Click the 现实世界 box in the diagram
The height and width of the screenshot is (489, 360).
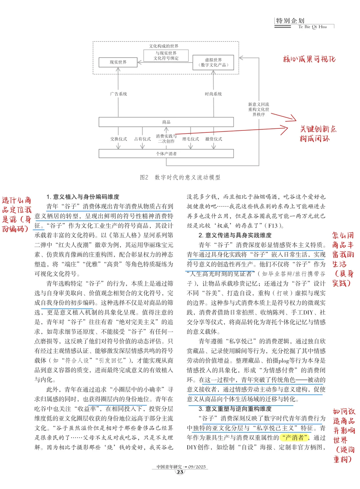[118, 62]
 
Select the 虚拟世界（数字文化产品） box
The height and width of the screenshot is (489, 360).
[213, 62]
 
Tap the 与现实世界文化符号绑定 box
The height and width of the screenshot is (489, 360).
[166, 56]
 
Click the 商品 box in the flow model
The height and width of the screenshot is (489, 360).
[166, 122]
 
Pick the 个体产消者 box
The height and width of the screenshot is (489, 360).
[166, 154]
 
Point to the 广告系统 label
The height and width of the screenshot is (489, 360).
[118, 94]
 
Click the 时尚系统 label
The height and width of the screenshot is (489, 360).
[213, 94]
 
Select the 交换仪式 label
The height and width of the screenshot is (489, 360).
[118, 139]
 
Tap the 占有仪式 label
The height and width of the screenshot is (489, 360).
[142, 139]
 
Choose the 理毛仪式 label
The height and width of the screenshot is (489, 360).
[190, 139]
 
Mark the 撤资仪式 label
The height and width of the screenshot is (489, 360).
[214, 139]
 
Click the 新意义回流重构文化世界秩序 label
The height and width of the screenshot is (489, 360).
[259, 109]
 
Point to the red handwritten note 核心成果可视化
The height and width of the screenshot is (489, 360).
[309, 59]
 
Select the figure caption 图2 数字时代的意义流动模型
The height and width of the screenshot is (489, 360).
[180, 177]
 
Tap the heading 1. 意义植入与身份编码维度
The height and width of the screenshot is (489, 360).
[83, 197]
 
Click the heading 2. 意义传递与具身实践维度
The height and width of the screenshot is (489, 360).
[235, 235]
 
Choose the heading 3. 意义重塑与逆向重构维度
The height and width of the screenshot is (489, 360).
[235, 409]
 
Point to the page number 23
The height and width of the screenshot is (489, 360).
[180, 472]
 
